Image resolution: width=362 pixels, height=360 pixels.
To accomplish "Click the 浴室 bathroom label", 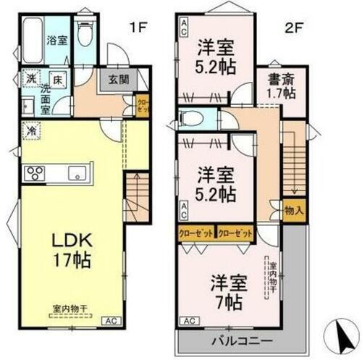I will point(57,41).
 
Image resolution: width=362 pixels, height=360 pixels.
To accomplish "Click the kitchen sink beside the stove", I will point(77,172).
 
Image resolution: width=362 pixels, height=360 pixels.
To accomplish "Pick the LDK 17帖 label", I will point(69,251).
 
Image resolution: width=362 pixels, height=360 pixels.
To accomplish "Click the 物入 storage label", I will point(294,211).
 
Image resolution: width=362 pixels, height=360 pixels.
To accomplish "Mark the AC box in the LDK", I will point(111,319).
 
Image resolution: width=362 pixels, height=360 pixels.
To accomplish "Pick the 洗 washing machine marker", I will point(31,78).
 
